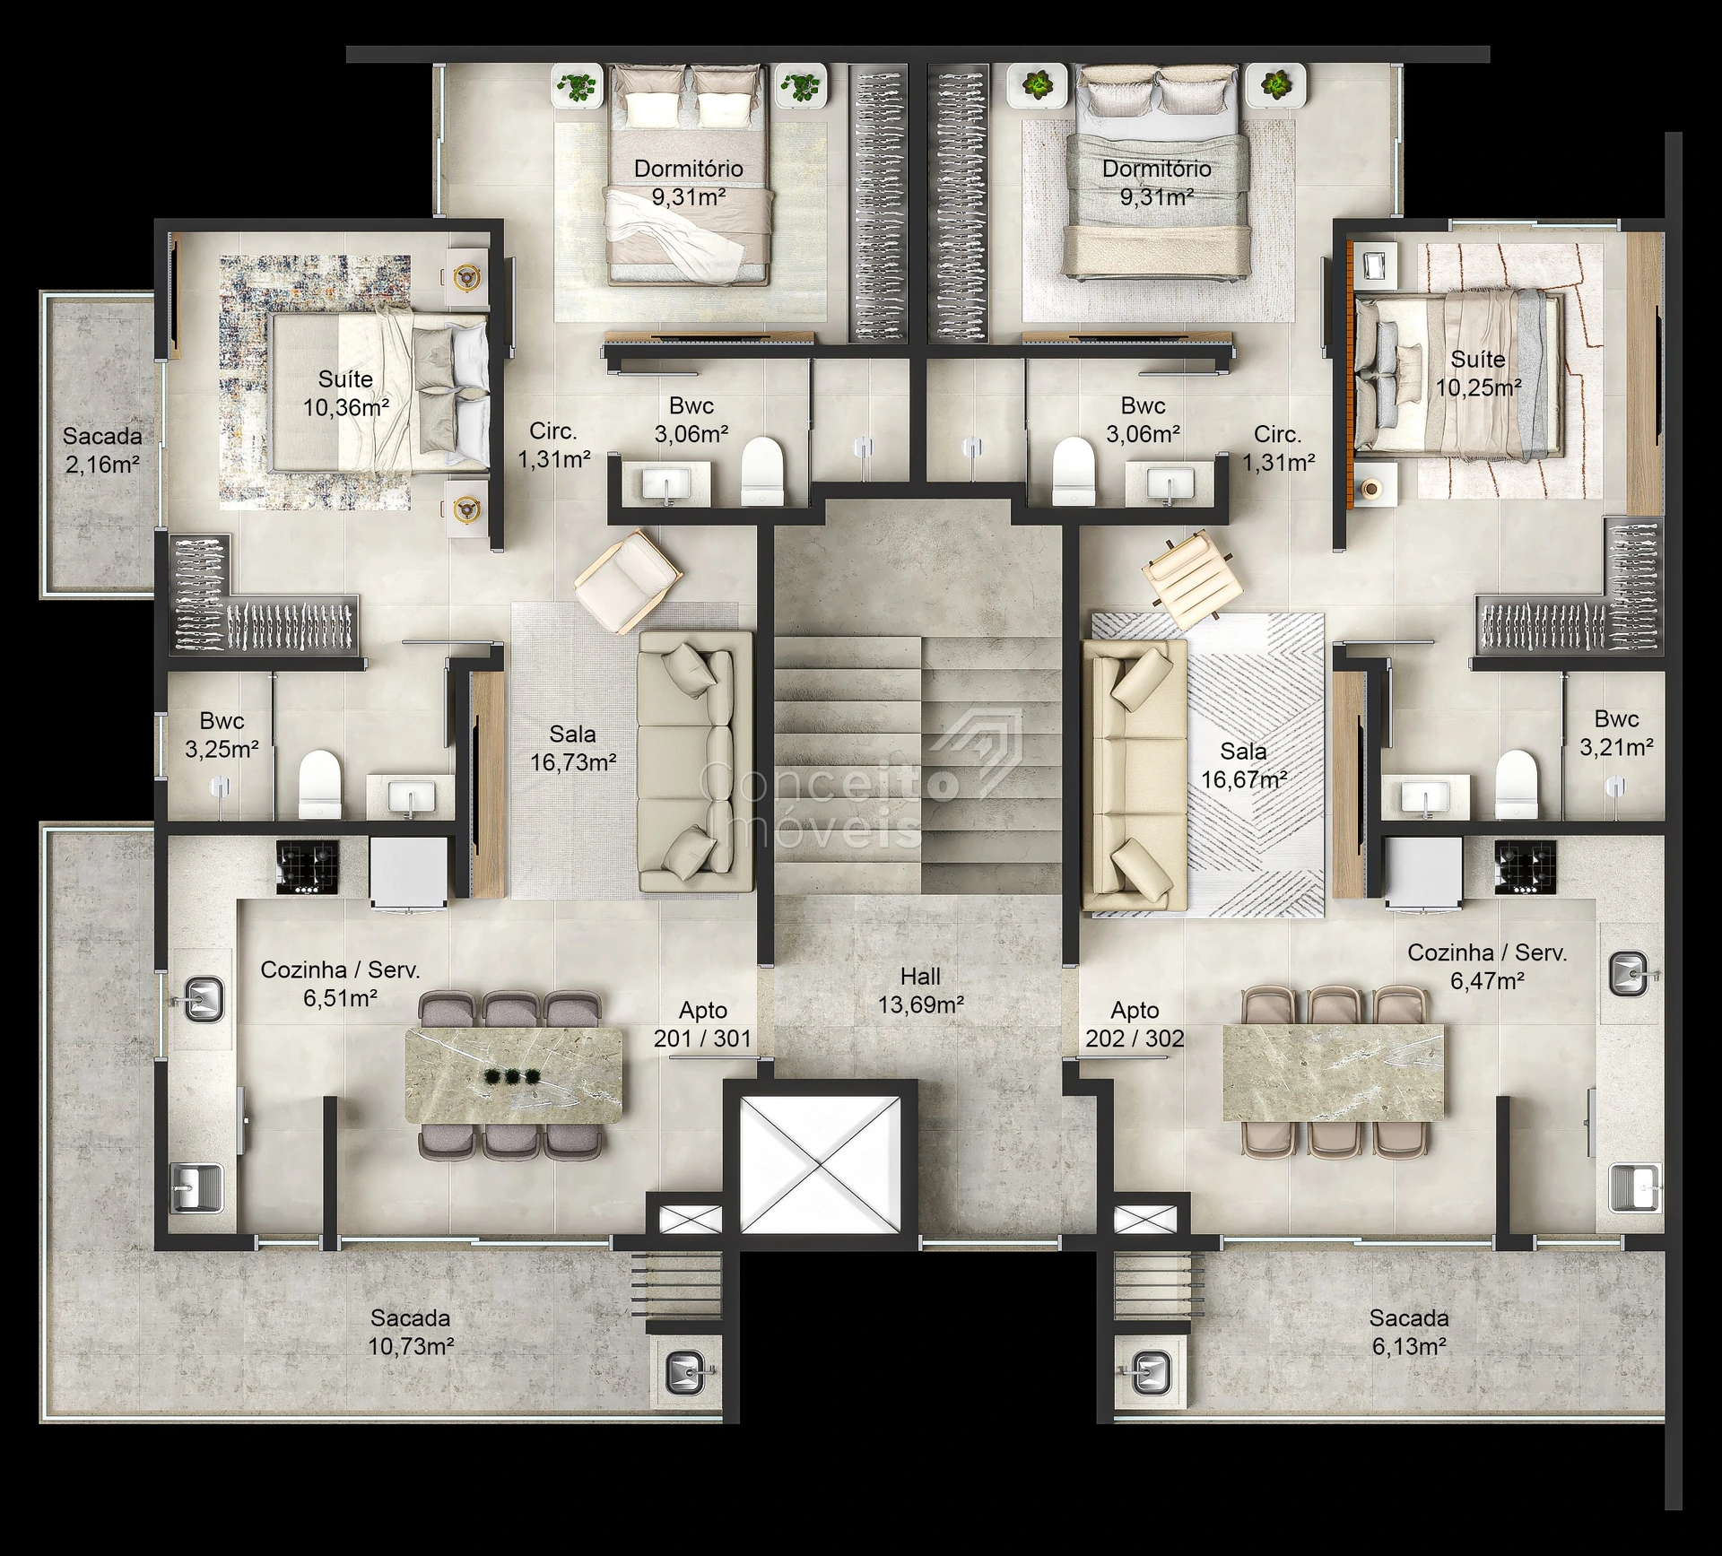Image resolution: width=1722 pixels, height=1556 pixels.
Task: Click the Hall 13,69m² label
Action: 920,991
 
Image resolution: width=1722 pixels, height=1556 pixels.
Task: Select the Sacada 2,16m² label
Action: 102,450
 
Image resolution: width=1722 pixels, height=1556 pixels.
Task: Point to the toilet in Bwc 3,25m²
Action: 320,785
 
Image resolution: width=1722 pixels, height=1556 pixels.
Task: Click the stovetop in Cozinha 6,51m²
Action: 308,867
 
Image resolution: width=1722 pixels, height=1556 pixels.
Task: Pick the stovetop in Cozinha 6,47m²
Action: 1526,866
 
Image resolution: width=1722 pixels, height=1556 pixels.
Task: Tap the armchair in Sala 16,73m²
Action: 628,581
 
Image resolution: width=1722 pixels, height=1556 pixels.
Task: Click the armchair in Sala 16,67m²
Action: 1193,580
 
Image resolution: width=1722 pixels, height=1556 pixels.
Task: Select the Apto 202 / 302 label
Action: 1135,1024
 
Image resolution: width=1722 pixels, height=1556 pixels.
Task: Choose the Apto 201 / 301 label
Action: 702,1024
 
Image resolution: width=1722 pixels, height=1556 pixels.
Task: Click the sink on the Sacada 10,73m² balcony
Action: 688,1370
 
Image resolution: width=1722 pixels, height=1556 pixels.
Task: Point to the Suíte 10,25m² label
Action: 1478,373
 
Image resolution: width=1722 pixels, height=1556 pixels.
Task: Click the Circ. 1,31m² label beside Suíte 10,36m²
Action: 553,445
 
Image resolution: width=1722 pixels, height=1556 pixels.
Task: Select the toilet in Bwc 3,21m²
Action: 1517,784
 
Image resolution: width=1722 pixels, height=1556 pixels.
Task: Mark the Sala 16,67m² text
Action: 1244,765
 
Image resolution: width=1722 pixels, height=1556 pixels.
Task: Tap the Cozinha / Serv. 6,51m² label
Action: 340,984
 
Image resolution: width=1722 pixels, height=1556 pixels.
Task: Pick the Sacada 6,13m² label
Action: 1408,1332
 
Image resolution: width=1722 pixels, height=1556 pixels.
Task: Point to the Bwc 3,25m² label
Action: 222,735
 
